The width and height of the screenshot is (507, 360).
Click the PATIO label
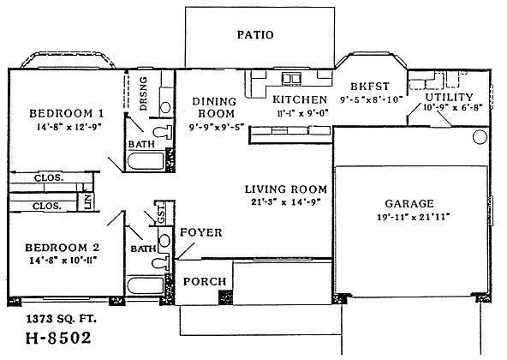click(254, 35)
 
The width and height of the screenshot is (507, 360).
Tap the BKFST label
click(370, 87)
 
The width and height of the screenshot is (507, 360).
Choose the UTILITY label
click(448, 96)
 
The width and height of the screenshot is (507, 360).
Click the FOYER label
click(201, 232)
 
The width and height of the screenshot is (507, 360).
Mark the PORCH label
click(205, 281)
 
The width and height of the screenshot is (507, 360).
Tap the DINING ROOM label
click(207, 105)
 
